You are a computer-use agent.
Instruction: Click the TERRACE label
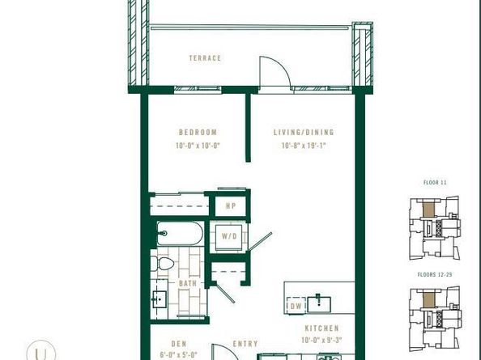(x=205, y=58)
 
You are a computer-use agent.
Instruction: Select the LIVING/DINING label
(x=308, y=133)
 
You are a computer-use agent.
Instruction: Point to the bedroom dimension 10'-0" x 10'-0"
(x=198, y=146)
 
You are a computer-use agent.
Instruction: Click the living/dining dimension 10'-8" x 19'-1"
(x=308, y=146)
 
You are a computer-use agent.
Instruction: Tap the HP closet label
(x=230, y=207)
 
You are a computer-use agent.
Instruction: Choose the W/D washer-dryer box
(x=230, y=236)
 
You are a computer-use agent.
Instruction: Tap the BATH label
(x=187, y=284)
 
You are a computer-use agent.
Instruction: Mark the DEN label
(x=179, y=344)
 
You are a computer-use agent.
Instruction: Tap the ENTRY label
(x=245, y=344)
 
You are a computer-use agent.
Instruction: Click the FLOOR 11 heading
(x=436, y=184)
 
